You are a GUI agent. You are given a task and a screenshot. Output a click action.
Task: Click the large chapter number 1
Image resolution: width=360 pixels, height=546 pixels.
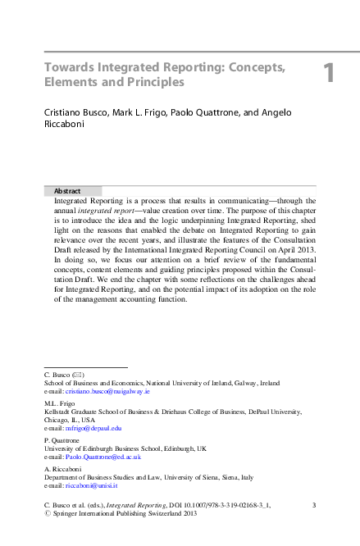pos(328,74)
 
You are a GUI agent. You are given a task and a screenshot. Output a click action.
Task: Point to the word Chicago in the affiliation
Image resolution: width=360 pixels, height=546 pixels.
pos(57,419)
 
